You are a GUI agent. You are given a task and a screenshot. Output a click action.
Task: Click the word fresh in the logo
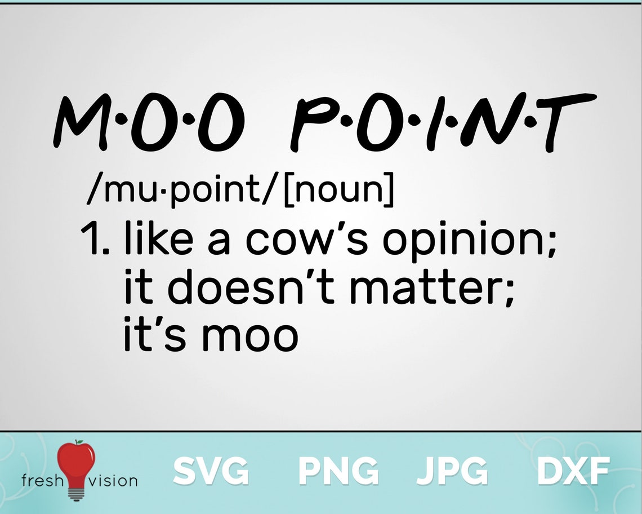coord(40,480)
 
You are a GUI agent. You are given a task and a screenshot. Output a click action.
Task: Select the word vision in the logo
coord(113,480)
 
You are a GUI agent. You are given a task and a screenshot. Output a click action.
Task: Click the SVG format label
coord(211,471)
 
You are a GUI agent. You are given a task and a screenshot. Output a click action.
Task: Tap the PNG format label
coord(338,471)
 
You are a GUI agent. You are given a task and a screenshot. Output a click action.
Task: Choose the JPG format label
coord(452,471)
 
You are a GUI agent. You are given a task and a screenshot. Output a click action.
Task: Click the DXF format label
coord(573,471)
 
